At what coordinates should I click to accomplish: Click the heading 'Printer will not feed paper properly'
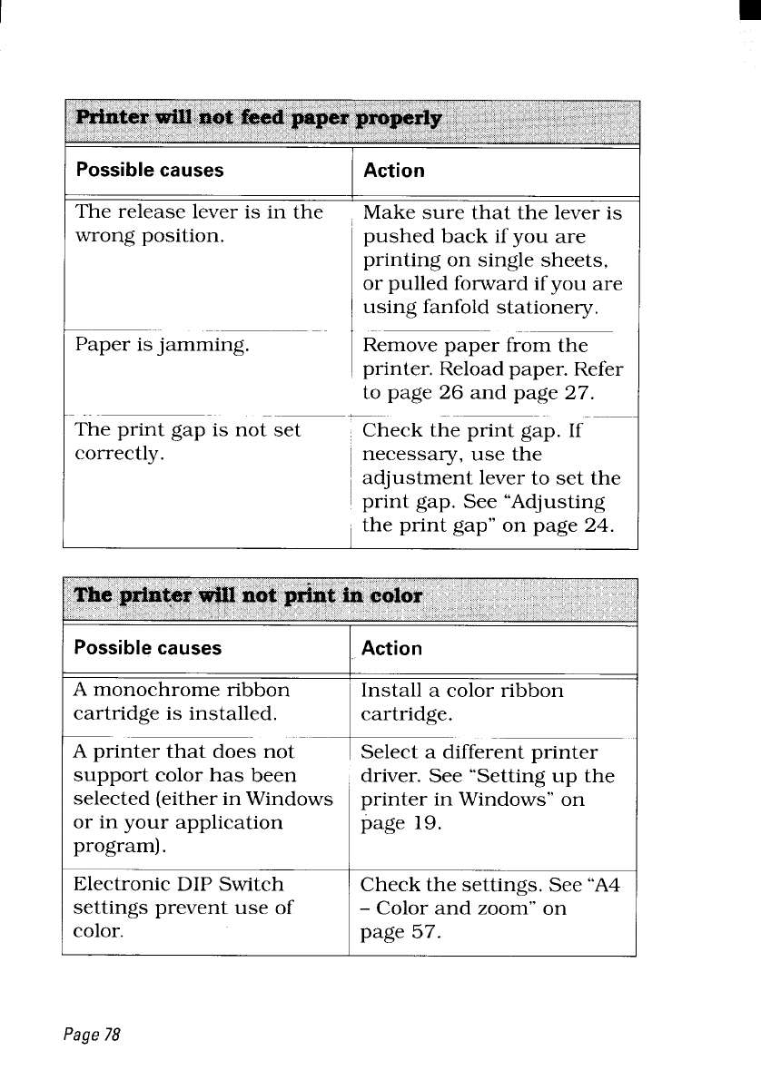coord(259,120)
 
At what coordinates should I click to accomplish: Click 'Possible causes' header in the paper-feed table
coord(149,171)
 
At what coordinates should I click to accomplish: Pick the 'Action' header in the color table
coord(391,648)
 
